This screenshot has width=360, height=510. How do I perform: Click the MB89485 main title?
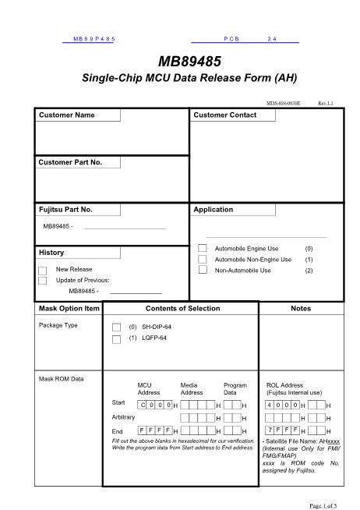[180, 62]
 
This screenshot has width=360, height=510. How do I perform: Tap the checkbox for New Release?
[43, 270]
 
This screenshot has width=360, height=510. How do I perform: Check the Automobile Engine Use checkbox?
[203, 249]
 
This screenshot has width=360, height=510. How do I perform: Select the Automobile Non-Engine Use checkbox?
[203, 260]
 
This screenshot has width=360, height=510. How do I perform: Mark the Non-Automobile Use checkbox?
[203, 271]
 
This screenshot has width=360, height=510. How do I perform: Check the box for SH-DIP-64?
[117, 328]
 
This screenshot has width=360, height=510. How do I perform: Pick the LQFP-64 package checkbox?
[117, 339]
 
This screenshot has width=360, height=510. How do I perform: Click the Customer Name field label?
[67, 115]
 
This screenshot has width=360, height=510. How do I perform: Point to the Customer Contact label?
[224, 115]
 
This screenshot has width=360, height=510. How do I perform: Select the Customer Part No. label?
[70, 163]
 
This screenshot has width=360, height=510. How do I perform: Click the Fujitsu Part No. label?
[66, 210]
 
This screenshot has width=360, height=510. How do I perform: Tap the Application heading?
[214, 210]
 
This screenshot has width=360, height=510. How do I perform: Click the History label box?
[51, 253]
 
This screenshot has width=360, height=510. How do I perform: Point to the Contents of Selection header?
[183, 309]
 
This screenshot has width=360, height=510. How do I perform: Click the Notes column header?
[300, 309]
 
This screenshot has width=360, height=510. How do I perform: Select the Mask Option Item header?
[69, 309]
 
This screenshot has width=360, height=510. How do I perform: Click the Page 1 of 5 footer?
[323, 504]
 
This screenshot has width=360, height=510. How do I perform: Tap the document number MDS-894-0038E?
[283, 103]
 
